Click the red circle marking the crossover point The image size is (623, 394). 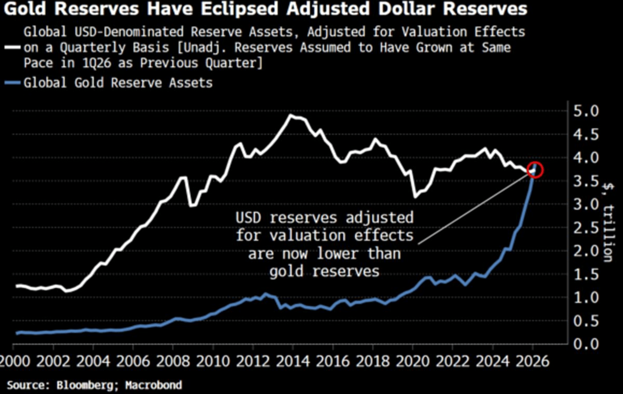536,170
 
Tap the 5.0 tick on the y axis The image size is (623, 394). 586,111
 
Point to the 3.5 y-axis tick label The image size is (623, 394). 586,181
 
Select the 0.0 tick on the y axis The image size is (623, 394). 586,344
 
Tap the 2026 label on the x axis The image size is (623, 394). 533,362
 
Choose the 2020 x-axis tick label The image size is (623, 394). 413,362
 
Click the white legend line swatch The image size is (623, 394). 12,47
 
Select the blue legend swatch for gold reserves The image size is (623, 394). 12,83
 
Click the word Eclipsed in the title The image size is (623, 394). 242,8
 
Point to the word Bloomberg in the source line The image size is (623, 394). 84,385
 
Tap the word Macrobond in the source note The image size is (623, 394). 154,385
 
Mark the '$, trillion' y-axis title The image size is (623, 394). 608,223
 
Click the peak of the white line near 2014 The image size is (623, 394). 291,115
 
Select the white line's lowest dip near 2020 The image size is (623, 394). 415,196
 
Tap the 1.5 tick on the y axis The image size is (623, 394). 586,274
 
